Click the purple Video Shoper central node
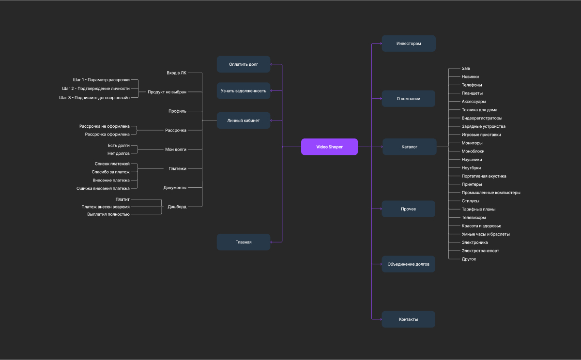tap(329, 147)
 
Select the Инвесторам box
tap(409, 44)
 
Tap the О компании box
tap(409, 99)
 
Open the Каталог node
tap(409, 147)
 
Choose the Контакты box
tap(409, 319)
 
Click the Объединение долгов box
tap(409, 264)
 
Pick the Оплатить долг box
tap(244, 64)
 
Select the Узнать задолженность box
tap(244, 90)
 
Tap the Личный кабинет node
tap(244, 120)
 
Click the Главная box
tap(244, 242)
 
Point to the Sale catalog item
tap(466, 69)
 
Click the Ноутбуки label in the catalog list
tap(472, 168)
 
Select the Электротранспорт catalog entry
tap(480, 251)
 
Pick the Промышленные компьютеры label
tap(491, 193)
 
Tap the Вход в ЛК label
tap(176, 73)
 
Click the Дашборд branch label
tap(177, 207)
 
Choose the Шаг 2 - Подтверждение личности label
tap(96, 89)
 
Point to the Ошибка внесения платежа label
tap(103, 188)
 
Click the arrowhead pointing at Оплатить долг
tap(272, 64)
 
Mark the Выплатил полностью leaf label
tap(108, 214)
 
